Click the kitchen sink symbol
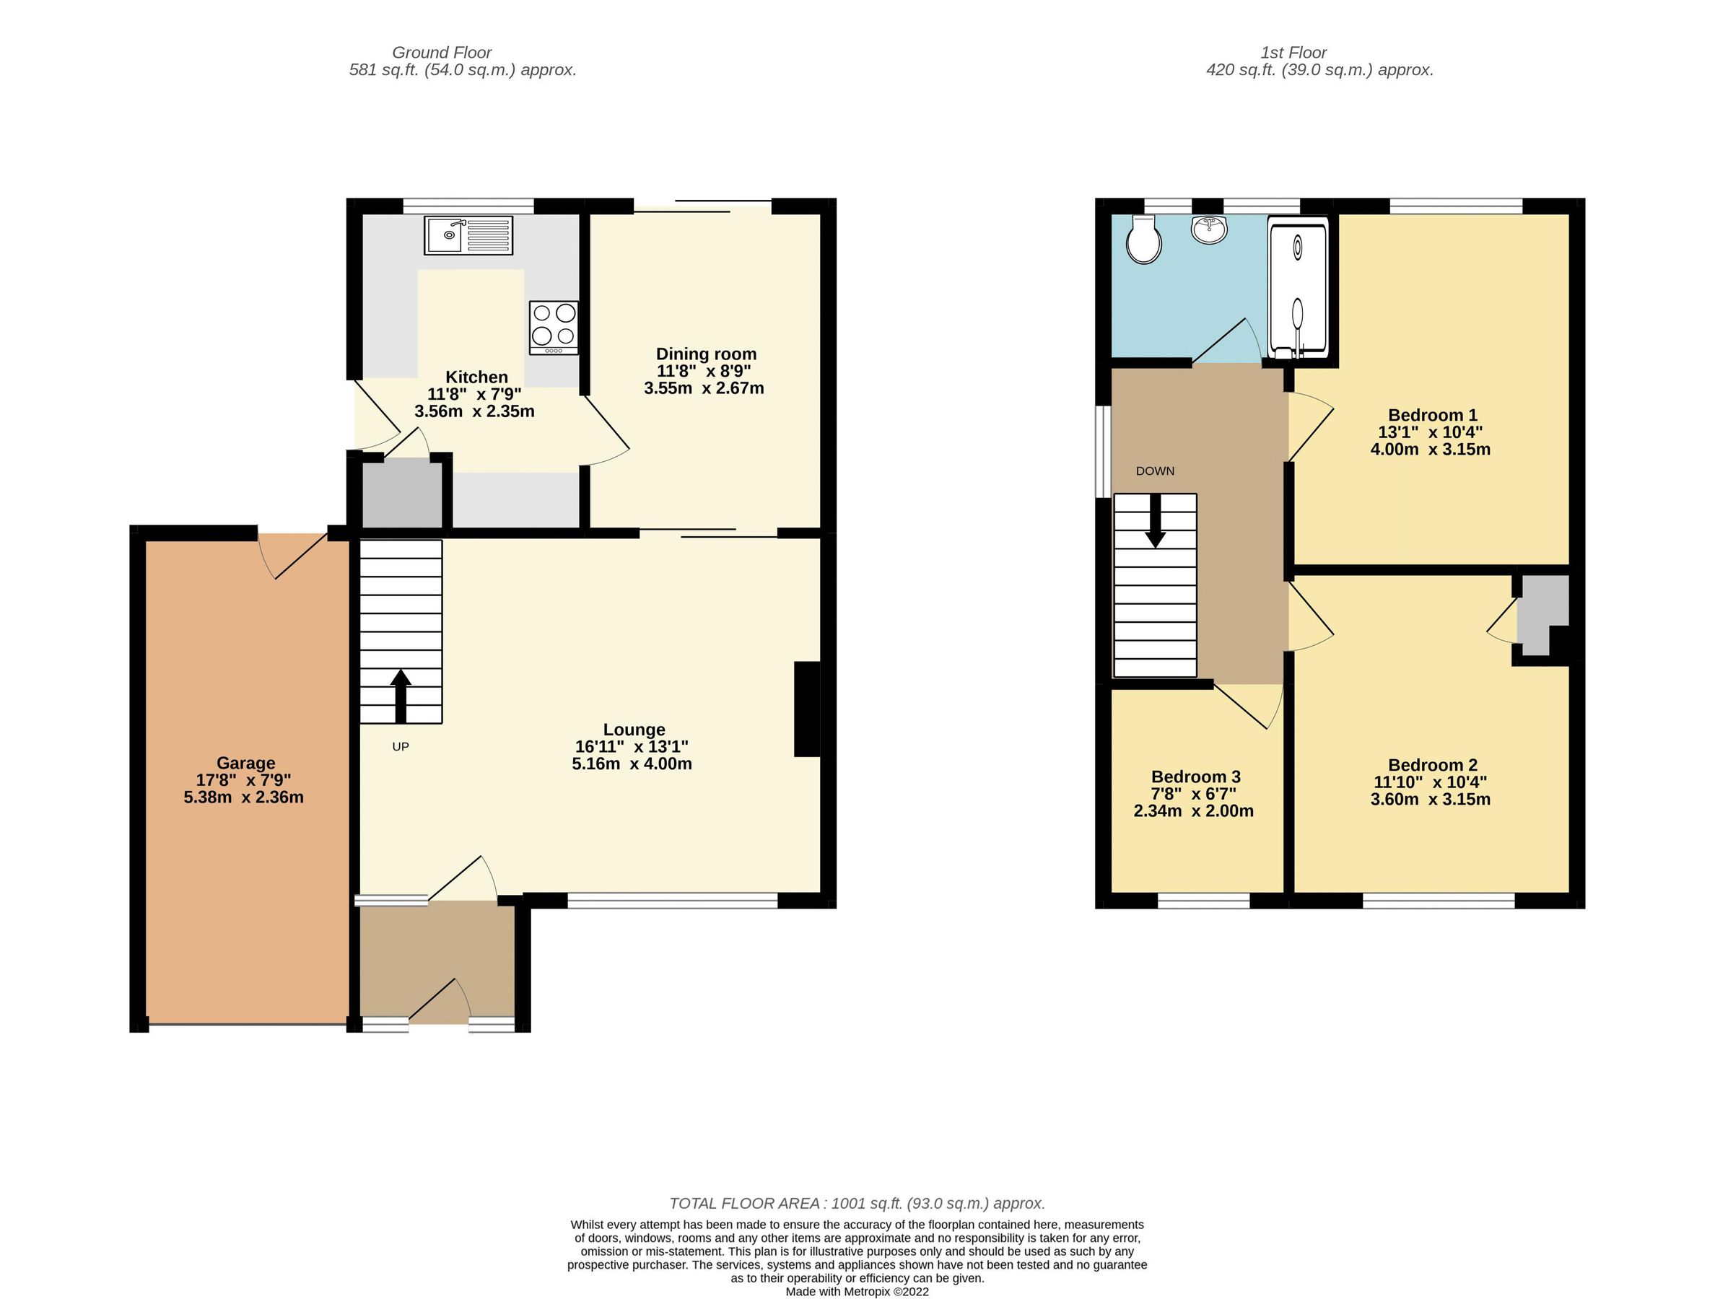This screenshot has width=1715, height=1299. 468,235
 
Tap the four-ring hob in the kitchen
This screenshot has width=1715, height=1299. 554,326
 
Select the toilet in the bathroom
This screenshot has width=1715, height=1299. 1143,240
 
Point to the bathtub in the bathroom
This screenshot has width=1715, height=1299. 1297,287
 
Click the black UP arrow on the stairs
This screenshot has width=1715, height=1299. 400,695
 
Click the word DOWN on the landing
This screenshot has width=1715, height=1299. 1154,471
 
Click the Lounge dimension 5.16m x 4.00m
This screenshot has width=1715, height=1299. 632,764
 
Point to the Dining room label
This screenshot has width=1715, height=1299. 705,354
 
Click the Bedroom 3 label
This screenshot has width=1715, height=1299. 1195,777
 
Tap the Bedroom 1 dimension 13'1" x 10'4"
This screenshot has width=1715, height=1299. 1431,432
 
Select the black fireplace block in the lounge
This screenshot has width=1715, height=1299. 807,709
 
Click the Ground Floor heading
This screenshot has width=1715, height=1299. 441,52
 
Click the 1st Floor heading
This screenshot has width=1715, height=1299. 1293,52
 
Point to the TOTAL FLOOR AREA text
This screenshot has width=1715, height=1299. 857,1203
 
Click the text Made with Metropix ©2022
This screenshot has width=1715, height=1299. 857,1291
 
